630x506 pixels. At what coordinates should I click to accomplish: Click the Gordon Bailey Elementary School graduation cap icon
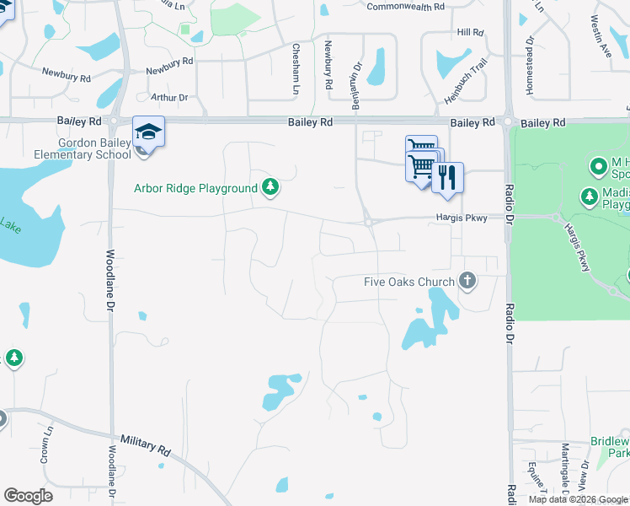point(148,132)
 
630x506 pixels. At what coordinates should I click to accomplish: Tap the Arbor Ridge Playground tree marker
point(270,186)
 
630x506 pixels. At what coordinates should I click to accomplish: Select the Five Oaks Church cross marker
point(468,282)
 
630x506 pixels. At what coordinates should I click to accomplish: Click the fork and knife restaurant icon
point(447,177)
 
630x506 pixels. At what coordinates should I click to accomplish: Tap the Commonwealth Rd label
point(406,7)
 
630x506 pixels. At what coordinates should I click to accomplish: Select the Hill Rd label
point(470,33)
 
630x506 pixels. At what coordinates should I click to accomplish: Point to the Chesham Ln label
point(296,69)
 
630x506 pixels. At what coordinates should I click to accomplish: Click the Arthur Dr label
point(168,97)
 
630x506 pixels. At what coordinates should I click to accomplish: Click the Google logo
point(28,496)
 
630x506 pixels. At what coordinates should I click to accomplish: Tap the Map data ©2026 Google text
point(577,499)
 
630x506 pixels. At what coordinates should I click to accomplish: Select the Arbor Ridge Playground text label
point(195,187)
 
